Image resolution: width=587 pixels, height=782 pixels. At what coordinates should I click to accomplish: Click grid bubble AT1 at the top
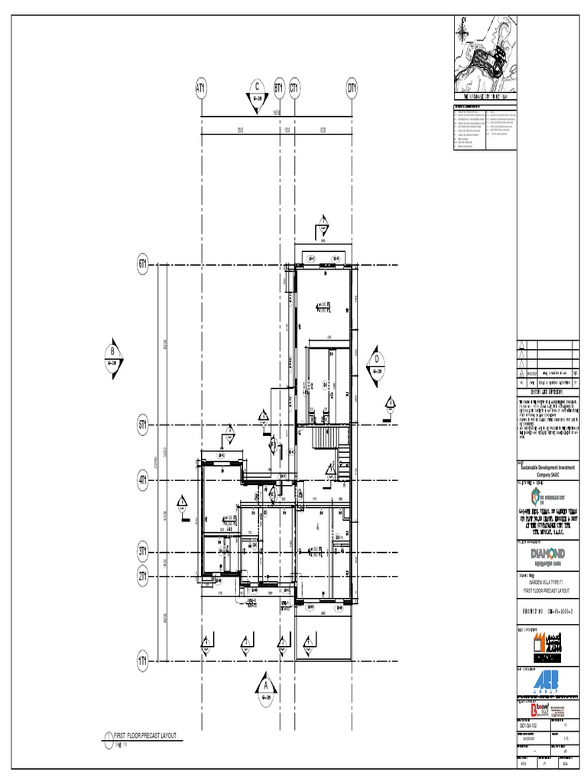coord(201,89)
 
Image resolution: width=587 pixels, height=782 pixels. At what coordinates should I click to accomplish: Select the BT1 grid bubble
coord(279,89)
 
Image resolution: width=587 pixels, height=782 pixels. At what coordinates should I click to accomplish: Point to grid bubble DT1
coord(352,89)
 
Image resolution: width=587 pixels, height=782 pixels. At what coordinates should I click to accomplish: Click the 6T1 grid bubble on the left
coord(143,265)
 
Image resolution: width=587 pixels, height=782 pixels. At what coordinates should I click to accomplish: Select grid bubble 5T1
coord(143,424)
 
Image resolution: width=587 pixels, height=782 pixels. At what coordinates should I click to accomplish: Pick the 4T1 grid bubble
coord(143,481)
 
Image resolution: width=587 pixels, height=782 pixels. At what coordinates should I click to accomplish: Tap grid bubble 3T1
coord(143,550)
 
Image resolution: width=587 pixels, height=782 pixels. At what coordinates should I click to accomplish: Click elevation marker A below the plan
coord(265,682)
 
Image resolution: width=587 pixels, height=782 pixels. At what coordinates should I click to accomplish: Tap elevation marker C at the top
coord(258,89)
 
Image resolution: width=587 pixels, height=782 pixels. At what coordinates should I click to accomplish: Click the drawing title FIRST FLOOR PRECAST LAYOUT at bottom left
coord(145,735)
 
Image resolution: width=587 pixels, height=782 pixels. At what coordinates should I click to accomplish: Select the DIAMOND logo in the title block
coord(547,552)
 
